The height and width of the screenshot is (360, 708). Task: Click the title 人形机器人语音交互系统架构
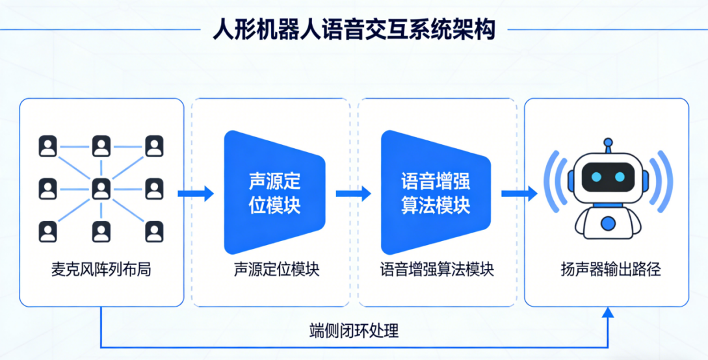(x=354, y=30)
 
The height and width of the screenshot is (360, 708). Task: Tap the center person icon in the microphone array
(x=101, y=188)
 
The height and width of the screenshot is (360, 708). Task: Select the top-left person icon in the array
(x=48, y=146)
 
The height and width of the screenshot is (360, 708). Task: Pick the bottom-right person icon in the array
(x=154, y=231)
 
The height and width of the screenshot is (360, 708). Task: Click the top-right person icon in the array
(x=154, y=146)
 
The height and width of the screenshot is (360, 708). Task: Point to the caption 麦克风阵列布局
(x=101, y=269)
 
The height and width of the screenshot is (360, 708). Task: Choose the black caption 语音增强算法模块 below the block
(x=437, y=269)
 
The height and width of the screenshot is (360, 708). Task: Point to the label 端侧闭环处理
(x=354, y=331)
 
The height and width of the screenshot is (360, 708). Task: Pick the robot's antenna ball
(x=608, y=142)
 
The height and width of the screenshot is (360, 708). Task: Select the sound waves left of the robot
(x=556, y=182)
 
